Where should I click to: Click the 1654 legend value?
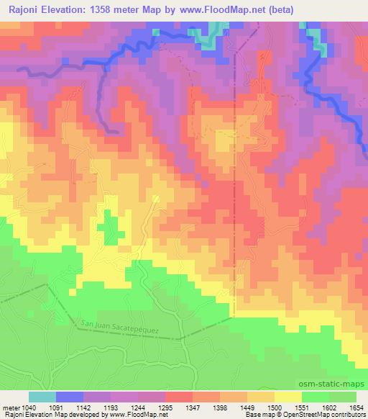click(355, 407)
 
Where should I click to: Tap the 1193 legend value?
click(111, 407)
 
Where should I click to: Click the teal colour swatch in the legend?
click(42, 397)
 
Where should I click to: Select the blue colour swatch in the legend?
click(69, 397)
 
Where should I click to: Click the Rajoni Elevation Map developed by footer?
click(45, 415)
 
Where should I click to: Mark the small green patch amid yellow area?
click(109, 230)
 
